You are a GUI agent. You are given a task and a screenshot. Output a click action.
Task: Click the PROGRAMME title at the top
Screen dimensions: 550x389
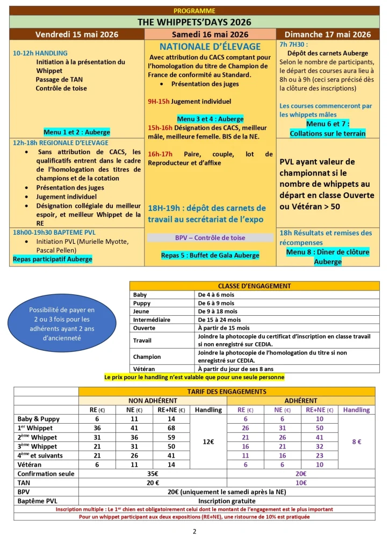click(195, 11)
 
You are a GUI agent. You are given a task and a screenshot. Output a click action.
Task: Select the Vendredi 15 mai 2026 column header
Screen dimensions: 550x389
click(77, 34)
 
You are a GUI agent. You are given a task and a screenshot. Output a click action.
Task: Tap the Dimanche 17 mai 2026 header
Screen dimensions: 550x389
click(328, 34)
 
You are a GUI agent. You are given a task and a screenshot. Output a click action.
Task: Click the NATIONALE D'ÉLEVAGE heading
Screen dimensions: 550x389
click(210, 47)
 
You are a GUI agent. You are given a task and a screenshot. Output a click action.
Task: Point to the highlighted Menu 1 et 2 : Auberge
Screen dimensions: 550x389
click(77, 132)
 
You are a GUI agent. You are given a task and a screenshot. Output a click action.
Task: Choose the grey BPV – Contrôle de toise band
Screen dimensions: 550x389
click(210, 238)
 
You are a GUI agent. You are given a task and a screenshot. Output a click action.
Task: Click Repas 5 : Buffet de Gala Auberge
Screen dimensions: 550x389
click(210, 255)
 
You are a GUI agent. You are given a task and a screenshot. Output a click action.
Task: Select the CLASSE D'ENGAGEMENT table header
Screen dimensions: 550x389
click(255, 286)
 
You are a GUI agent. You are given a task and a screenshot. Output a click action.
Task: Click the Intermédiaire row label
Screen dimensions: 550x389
click(152, 319)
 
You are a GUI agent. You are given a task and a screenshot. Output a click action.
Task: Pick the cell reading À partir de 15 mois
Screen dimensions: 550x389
click(224, 328)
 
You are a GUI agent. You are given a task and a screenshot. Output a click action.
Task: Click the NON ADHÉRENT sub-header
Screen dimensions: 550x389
click(153, 401)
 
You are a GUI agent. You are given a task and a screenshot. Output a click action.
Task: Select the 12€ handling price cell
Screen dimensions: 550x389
click(208, 442)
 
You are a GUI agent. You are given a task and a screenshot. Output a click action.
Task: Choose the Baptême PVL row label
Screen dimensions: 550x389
click(37, 501)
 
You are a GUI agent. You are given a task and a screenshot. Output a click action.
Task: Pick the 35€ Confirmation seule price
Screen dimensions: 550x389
click(153, 474)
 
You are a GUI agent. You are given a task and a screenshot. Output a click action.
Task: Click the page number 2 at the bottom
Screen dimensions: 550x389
click(195, 532)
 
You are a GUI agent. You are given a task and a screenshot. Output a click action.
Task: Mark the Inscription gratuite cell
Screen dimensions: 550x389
click(227, 501)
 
